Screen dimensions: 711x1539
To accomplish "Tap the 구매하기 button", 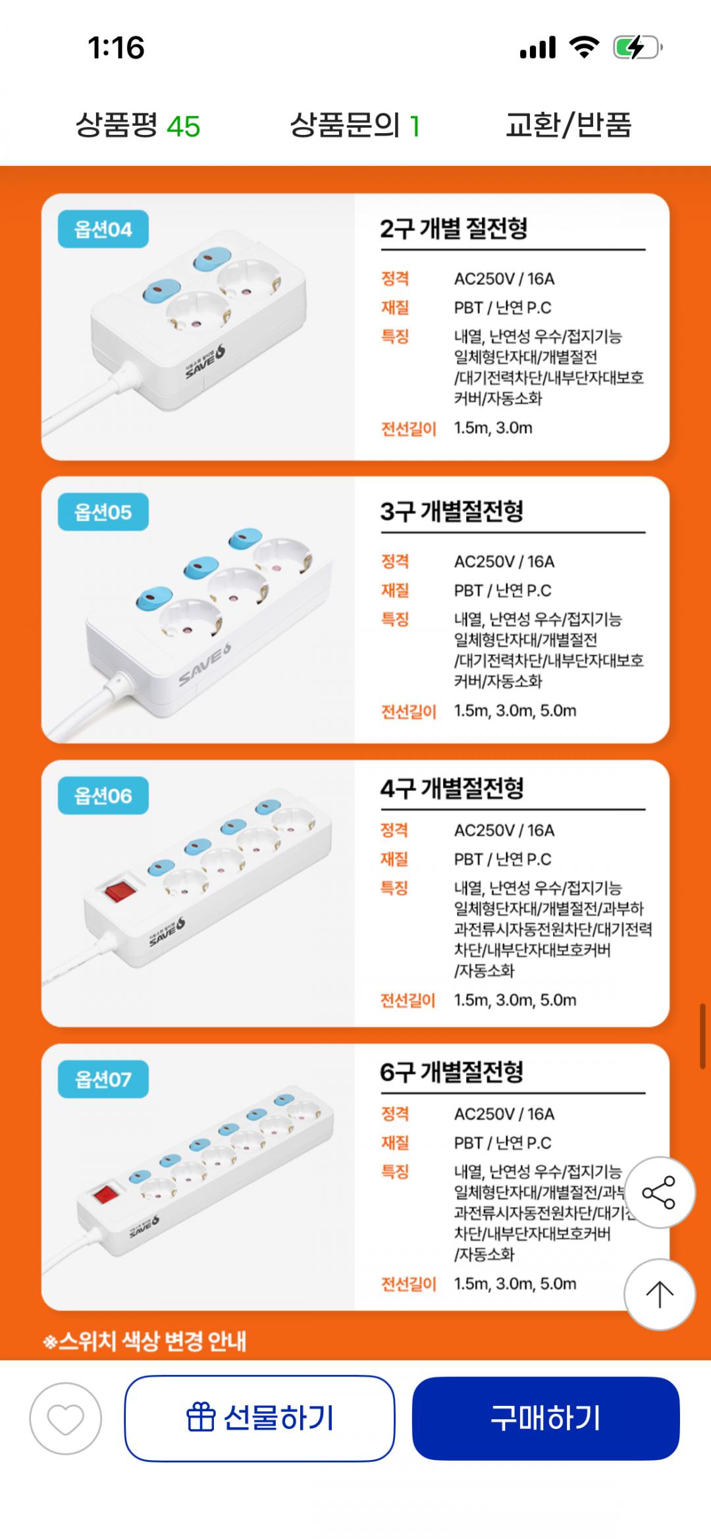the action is (x=546, y=1418).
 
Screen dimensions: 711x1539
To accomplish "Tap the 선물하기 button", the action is (x=259, y=1418).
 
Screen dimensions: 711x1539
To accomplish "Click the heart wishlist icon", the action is (x=65, y=1418).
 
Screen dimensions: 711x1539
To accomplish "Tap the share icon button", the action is (x=659, y=1193).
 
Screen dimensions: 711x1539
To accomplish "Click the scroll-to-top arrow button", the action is (x=659, y=1295).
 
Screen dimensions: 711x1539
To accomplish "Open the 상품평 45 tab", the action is (x=138, y=125).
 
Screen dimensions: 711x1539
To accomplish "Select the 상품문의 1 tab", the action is (x=355, y=125).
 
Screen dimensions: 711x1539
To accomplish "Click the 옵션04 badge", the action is (x=103, y=229).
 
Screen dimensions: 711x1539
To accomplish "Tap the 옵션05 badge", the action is (x=103, y=512).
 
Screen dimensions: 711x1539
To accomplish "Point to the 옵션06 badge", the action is (x=103, y=796).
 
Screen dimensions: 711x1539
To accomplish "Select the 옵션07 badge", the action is (x=103, y=1079).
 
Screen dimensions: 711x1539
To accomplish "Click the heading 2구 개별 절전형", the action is (x=454, y=229).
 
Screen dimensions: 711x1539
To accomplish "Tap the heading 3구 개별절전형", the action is (x=452, y=511).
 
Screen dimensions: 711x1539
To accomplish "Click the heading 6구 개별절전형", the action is (x=452, y=1072).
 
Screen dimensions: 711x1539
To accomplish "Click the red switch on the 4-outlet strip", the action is (x=120, y=891).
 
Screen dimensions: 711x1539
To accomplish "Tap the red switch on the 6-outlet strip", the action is (x=105, y=1194).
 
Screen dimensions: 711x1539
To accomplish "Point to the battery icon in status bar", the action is (x=637, y=47).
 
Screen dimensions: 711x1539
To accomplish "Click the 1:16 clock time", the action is (x=116, y=47).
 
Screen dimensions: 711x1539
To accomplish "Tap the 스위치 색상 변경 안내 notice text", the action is (x=145, y=1341).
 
